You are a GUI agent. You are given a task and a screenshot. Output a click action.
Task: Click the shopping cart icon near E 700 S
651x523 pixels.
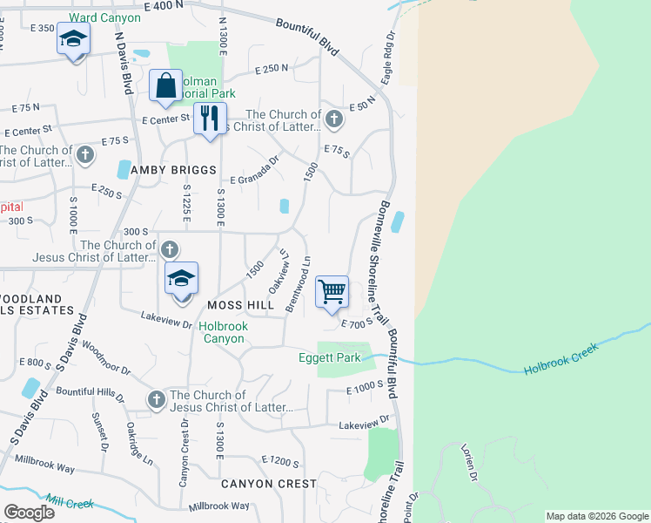coord(332,292)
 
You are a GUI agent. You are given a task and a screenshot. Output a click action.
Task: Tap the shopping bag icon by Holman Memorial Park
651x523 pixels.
coord(165,86)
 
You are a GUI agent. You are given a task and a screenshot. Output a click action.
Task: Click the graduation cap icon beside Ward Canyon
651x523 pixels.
coord(74,39)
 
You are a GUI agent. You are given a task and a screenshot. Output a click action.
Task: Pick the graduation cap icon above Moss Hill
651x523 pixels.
coord(181,279)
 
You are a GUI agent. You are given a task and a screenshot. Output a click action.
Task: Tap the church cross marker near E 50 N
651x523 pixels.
coord(335,118)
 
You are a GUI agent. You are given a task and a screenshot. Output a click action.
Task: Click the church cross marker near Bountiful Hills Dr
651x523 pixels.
coord(156,399)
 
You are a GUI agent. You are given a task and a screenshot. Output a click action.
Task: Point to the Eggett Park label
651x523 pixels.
coord(338,357)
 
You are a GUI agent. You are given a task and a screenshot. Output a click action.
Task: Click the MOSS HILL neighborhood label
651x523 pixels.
coord(241,305)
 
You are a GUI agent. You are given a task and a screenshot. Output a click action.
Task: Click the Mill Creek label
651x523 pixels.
coord(70,503)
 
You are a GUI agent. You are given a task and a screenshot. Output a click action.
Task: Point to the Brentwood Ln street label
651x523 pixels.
coord(297,284)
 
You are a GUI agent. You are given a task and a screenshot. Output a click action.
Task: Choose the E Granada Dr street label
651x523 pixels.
coord(254,167)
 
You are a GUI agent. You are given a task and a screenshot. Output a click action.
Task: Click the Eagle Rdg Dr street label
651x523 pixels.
coord(387,58)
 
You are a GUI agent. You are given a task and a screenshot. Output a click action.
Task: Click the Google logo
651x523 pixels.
coord(29,512)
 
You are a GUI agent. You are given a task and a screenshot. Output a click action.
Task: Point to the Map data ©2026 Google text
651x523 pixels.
coord(596,516)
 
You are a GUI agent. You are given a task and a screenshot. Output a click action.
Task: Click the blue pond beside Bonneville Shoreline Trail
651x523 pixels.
coord(398,222)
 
